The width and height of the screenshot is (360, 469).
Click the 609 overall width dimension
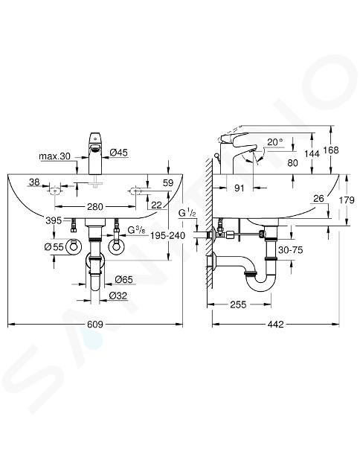95,325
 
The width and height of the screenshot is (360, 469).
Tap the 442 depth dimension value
275,325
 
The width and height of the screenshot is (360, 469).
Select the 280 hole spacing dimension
95,207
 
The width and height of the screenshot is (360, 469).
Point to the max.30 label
54,156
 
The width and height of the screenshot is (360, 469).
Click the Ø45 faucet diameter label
118,153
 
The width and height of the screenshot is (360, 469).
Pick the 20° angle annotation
275,142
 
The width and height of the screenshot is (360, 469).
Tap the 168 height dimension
331,150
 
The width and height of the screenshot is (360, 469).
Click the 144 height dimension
312,154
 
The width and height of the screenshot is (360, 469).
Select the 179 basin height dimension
347,200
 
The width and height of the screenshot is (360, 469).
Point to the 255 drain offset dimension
238,304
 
